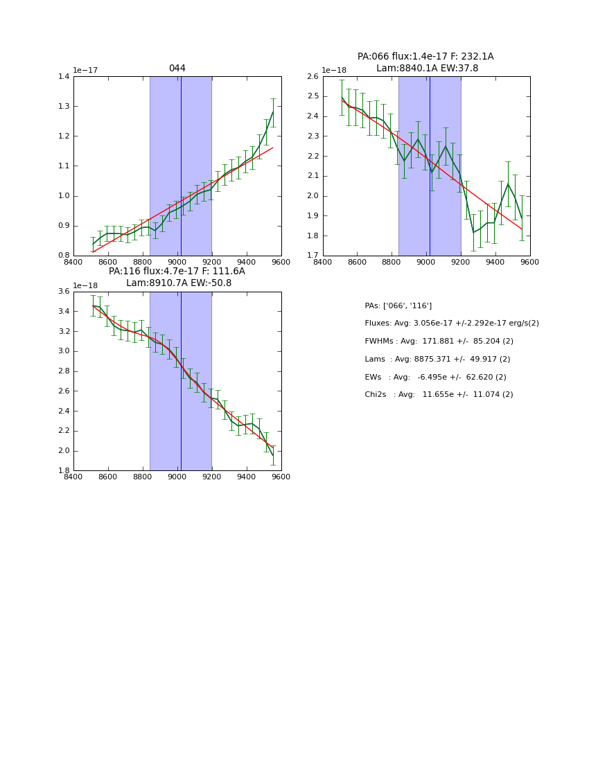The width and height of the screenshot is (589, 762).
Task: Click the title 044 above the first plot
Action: (177, 69)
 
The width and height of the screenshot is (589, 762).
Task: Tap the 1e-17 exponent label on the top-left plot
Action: (85, 71)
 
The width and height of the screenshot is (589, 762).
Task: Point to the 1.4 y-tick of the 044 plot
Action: (64, 76)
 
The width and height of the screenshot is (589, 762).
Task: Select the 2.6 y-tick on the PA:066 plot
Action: (313, 76)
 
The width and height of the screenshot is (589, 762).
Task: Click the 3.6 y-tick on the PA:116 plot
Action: (64, 291)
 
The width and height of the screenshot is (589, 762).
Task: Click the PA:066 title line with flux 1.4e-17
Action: (425, 57)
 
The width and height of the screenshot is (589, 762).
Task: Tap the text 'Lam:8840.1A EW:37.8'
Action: (427, 68)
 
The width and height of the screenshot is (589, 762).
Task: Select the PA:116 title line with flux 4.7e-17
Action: (177, 272)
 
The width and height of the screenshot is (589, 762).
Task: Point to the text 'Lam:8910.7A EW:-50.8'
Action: (179, 283)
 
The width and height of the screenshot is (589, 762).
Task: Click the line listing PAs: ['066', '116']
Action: (398, 305)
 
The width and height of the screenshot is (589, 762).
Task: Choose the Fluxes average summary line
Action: (451, 324)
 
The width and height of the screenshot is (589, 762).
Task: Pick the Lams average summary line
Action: (437, 359)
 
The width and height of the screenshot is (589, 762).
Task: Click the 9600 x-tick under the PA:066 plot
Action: (529, 262)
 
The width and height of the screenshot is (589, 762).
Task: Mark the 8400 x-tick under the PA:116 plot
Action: (73, 477)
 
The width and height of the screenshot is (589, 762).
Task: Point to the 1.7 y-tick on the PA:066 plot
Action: (313, 256)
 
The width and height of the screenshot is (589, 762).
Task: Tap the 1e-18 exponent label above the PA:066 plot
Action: (335, 71)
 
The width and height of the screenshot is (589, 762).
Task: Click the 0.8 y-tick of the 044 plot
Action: (64, 256)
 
